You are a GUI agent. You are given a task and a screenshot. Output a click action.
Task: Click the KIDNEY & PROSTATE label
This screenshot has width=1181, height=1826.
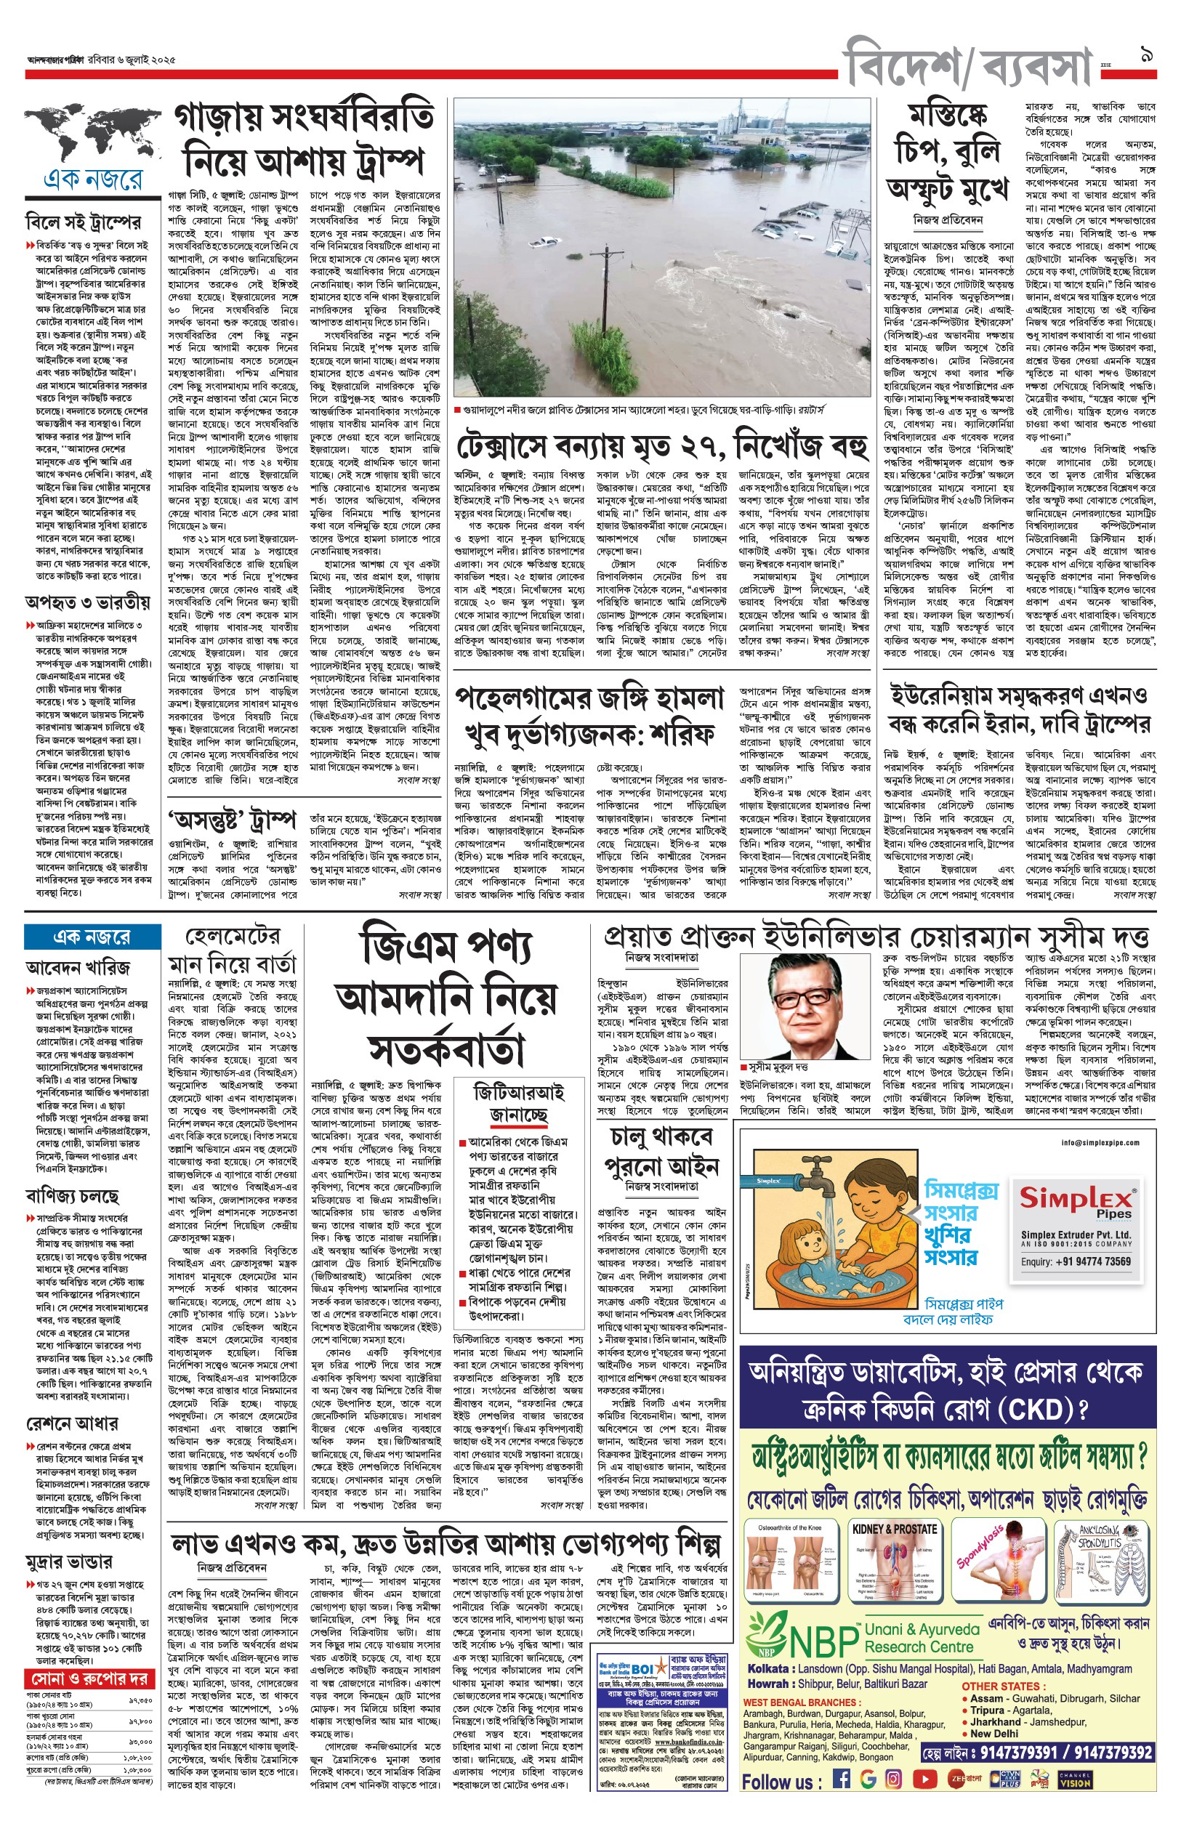[x=894, y=1530]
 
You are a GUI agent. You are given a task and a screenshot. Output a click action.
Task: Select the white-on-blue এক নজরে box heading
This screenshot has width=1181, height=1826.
[x=92, y=936]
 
